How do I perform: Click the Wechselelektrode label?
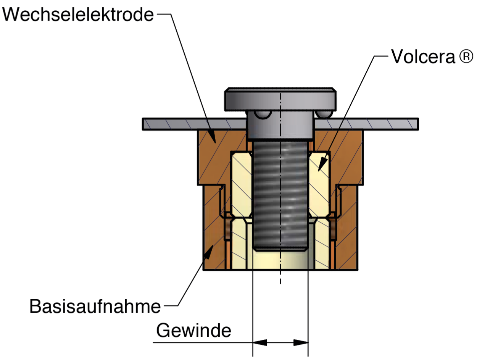click(x=78, y=15)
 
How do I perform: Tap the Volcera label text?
click(x=424, y=57)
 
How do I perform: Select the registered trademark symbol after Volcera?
click(x=466, y=57)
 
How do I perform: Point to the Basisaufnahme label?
click(x=95, y=306)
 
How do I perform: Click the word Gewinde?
click(x=194, y=330)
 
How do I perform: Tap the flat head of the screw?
click(x=280, y=99)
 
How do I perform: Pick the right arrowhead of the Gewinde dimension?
click(x=301, y=342)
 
